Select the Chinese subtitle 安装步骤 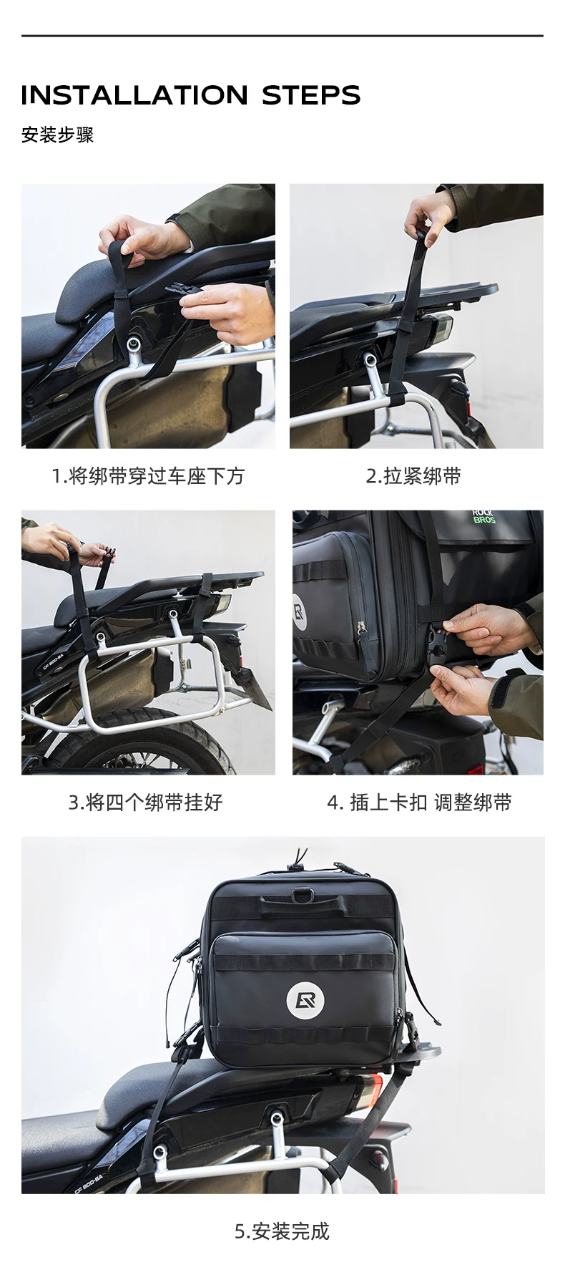(x=57, y=135)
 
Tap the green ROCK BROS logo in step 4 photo (x=484, y=516)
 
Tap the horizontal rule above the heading (x=282, y=36)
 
